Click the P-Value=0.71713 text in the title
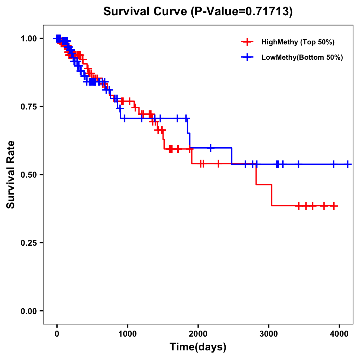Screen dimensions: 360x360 pyautogui.click(x=242, y=12)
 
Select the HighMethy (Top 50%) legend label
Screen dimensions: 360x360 pyautogui.click(x=298, y=42)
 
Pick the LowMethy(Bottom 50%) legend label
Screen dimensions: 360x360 pyautogui.click(x=302, y=57)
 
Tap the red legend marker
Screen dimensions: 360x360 pyautogui.click(x=247, y=42)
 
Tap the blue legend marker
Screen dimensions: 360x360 pyautogui.click(x=247, y=57)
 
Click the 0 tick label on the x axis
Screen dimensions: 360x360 pyautogui.click(x=57, y=334)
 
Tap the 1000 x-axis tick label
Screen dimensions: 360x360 pyautogui.click(x=127, y=334)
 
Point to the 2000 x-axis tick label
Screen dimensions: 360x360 pyautogui.click(x=198, y=334)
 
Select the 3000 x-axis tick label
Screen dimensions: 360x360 pyautogui.click(x=268, y=334)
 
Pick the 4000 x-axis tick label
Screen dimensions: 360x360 pyautogui.click(x=339, y=334)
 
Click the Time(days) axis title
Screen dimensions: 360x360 pyautogui.click(x=198, y=347)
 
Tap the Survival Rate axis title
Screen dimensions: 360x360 pyautogui.click(x=11, y=174)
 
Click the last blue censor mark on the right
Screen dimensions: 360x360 pyautogui.click(x=348, y=164)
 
